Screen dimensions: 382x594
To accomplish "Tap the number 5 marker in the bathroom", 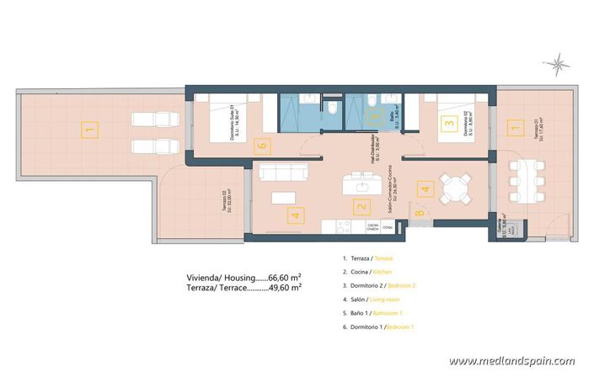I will click(x=377, y=120).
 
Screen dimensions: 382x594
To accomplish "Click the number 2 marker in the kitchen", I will click(x=361, y=205).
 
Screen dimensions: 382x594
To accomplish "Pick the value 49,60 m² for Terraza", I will click(x=285, y=288).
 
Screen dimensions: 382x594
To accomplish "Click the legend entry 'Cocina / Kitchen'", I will click(x=372, y=273).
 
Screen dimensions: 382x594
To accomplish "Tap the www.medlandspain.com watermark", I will click(x=511, y=361).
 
